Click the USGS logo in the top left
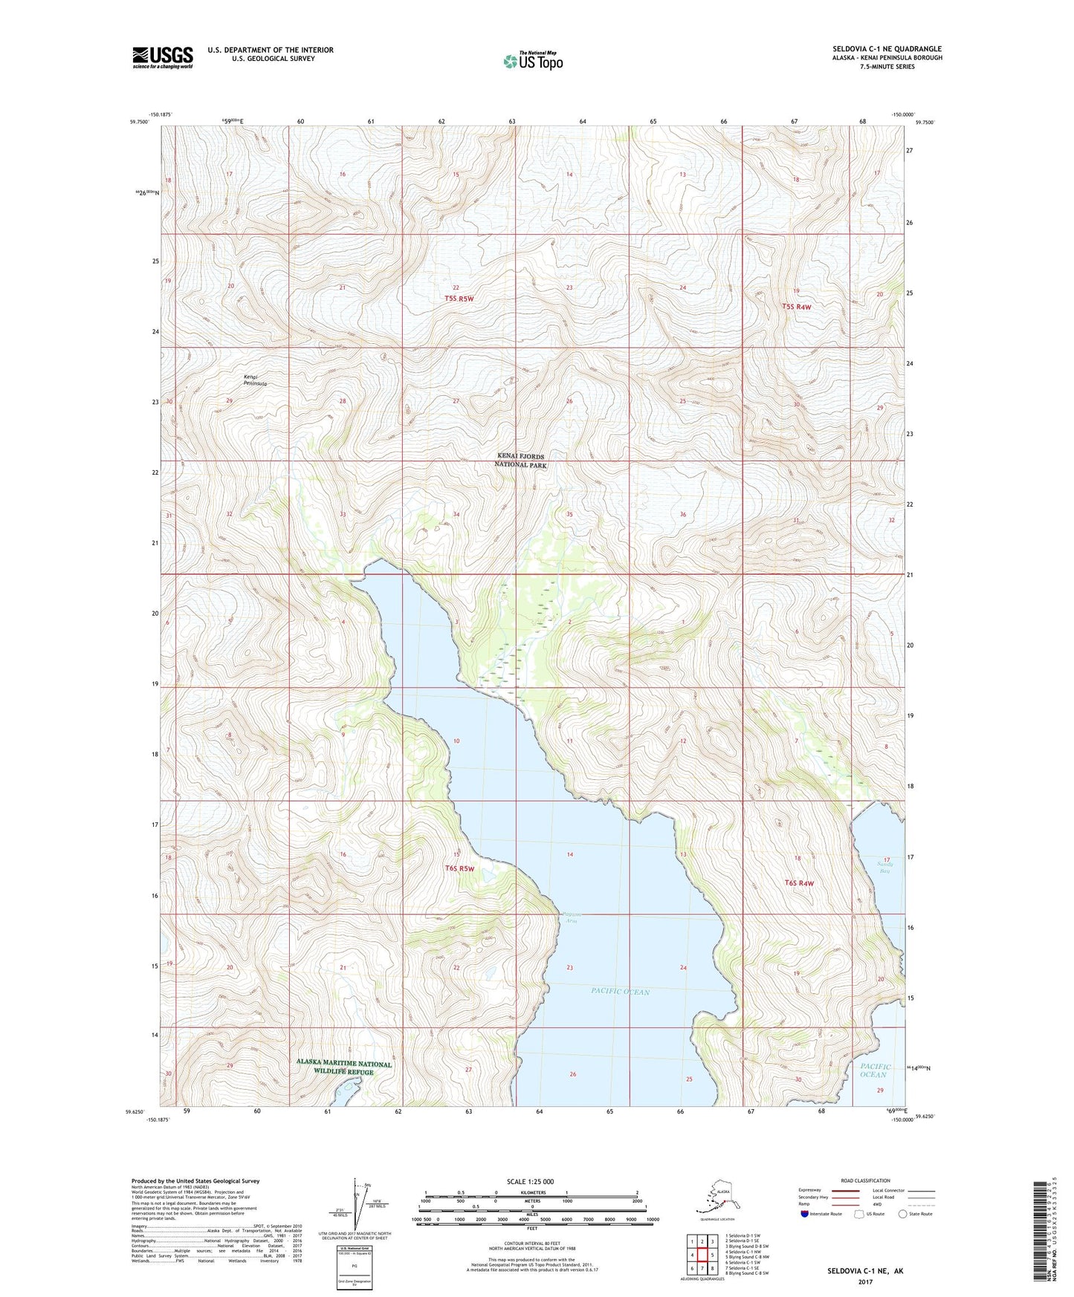tap(162, 57)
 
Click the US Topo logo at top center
tap(532, 60)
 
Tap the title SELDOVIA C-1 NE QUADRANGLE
tap(887, 49)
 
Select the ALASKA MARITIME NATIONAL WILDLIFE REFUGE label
tap(343, 1067)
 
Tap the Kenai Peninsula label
tap(255, 380)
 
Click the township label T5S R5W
tap(459, 299)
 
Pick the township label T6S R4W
tap(799, 883)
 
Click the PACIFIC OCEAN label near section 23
tap(620, 991)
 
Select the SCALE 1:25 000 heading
tap(531, 1181)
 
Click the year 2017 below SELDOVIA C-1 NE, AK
tap(864, 1281)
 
